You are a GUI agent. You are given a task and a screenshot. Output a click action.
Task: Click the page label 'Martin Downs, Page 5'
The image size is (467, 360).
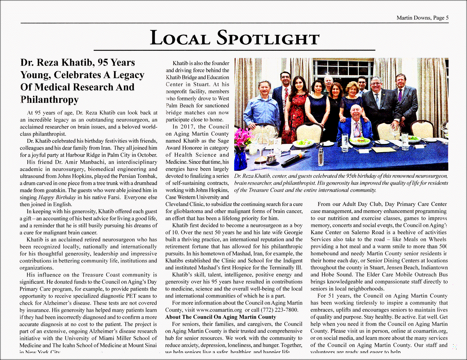point(422,18)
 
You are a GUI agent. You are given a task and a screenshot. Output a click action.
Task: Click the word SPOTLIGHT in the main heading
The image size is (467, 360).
point(268,38)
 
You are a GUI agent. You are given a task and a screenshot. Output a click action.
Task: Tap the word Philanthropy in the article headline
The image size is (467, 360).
point(49,99)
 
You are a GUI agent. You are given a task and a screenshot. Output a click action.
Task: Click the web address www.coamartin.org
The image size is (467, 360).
point(219,310)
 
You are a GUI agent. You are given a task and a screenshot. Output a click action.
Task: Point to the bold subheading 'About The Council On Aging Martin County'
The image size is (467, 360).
point(220,317)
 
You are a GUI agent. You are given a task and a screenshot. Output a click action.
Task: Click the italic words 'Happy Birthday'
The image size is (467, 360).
point(57,197)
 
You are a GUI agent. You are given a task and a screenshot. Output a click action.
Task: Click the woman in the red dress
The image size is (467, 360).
point(297,111)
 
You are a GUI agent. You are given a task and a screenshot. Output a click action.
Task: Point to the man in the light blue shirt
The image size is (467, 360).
point(264,108)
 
